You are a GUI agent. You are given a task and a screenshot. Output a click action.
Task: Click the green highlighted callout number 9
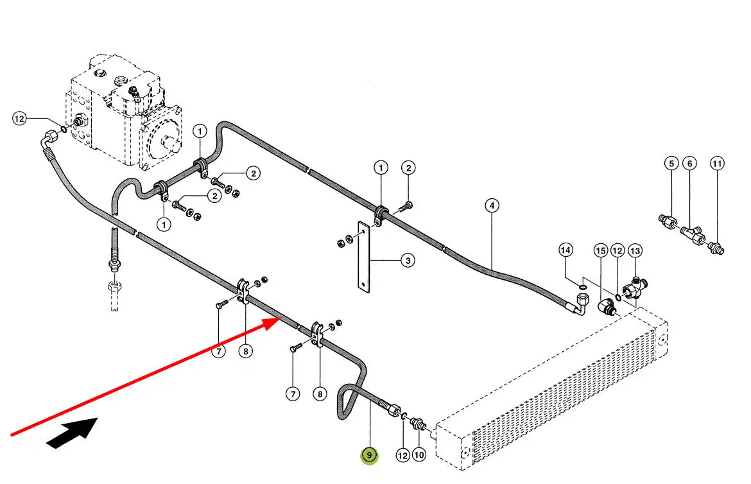(x=370, y=455)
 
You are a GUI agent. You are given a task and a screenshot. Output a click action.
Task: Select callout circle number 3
(x=408, y=261)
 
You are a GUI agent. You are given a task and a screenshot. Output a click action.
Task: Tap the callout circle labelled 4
(x=492, y=206)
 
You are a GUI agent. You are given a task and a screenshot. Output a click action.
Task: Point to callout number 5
(x=671, y=164)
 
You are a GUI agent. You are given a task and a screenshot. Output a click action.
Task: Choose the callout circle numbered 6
(x=689, y=164)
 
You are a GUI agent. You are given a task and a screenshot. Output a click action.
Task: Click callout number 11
(x=717, y=164)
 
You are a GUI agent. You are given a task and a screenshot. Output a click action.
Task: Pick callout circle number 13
(x=635, y=250)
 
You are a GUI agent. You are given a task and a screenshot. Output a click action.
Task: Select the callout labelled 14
(x=565, y=250)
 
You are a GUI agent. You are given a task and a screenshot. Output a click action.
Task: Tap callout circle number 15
(x=600, y=250)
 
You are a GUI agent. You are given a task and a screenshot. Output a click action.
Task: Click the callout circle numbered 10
(x=419, y=455)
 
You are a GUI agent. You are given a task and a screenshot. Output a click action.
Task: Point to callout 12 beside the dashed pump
(x=20, y=119)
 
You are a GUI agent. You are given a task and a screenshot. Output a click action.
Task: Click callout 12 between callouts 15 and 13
(x=617, y=250)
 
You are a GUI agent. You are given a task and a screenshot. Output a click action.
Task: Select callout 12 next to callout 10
(x=402, y=455)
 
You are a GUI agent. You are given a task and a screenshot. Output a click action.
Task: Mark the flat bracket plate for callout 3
(x=363, y=257)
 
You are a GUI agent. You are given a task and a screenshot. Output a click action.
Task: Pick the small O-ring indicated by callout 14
(x=582, y=286)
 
